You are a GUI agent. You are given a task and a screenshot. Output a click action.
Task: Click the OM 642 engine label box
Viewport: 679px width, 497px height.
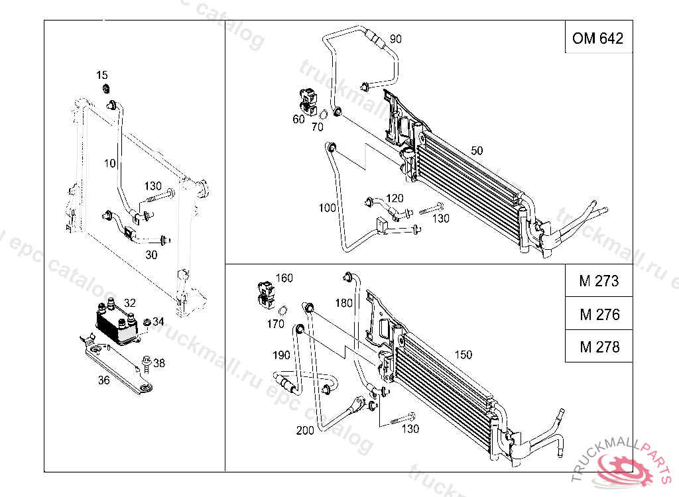598,38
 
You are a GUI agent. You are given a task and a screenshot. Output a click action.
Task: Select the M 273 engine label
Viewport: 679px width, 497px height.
599,281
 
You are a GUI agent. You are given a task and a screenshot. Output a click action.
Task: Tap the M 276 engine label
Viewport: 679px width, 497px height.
599,313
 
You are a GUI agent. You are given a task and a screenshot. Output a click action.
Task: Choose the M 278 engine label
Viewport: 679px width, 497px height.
599,346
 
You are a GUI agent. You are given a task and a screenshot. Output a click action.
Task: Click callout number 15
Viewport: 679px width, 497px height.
101,75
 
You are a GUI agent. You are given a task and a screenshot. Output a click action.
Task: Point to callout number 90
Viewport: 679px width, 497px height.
395,39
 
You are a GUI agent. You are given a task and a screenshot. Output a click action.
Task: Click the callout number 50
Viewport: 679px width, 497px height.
477,150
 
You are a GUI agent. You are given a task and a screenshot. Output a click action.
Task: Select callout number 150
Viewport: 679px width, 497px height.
463,355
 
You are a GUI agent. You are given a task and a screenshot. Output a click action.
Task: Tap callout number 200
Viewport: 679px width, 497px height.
305,430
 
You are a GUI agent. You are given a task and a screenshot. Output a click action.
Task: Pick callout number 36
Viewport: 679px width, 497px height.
103,380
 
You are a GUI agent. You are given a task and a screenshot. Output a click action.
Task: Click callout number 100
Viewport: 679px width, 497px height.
328,208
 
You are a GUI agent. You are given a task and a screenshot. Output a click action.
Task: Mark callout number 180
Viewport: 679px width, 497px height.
343,304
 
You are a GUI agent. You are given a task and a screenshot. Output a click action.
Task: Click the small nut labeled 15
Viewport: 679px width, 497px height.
105,89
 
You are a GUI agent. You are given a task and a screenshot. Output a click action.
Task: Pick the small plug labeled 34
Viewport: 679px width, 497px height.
147,321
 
